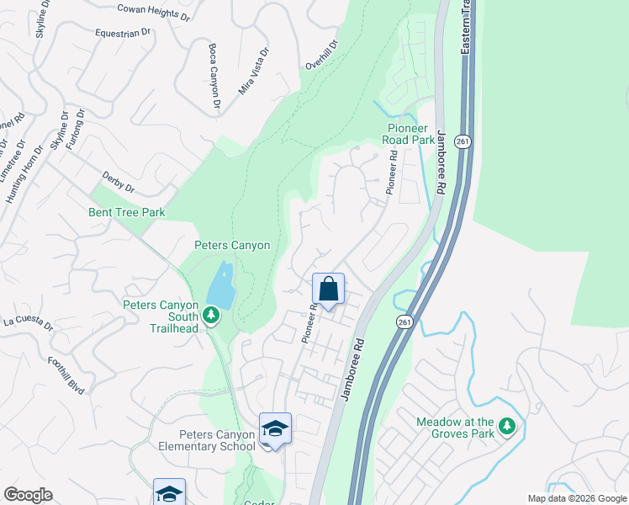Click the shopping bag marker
[328, 290]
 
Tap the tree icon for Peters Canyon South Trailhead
[210, 316]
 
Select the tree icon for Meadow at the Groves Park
[506, 427]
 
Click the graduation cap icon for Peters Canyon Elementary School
[275, 430]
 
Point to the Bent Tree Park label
[127, 213]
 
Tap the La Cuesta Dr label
[28, 322]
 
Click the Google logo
[28, 495]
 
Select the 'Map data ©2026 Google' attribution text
[576, 498]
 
